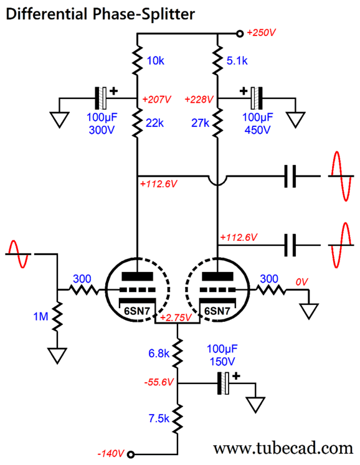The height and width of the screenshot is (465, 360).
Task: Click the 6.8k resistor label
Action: [x=158, y=353]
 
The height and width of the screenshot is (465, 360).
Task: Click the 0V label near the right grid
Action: [x=302, y=282]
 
